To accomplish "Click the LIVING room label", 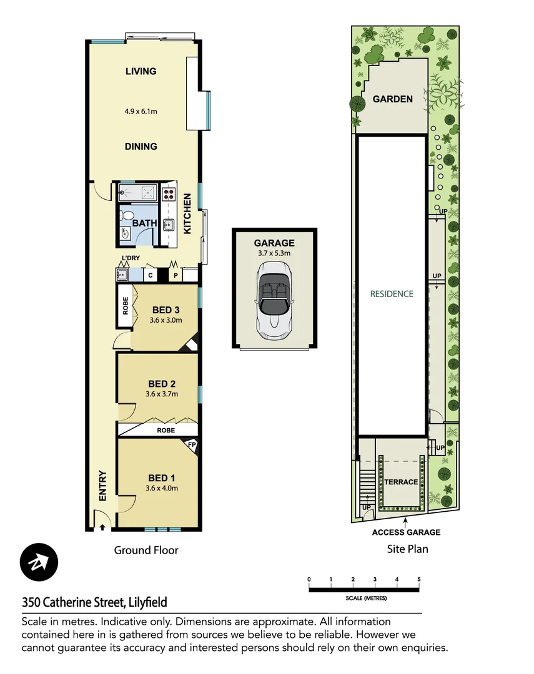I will [141, 71].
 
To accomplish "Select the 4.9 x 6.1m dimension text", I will [141, 112].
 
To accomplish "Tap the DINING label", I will [141, 147].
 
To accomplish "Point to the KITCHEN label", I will [187, 214].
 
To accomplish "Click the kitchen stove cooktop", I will [169, 193].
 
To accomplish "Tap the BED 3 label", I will [166, 310].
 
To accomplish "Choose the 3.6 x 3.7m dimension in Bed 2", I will [162, 394].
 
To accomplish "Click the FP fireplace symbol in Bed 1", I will [192, 446].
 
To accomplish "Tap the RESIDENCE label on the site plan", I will [392, 293].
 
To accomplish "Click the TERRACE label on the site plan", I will [400, 482].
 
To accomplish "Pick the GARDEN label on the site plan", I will [392, 99].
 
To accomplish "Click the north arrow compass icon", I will [39, 562].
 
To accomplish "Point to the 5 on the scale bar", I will [419, 580].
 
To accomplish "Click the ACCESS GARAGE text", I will [406, 532].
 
